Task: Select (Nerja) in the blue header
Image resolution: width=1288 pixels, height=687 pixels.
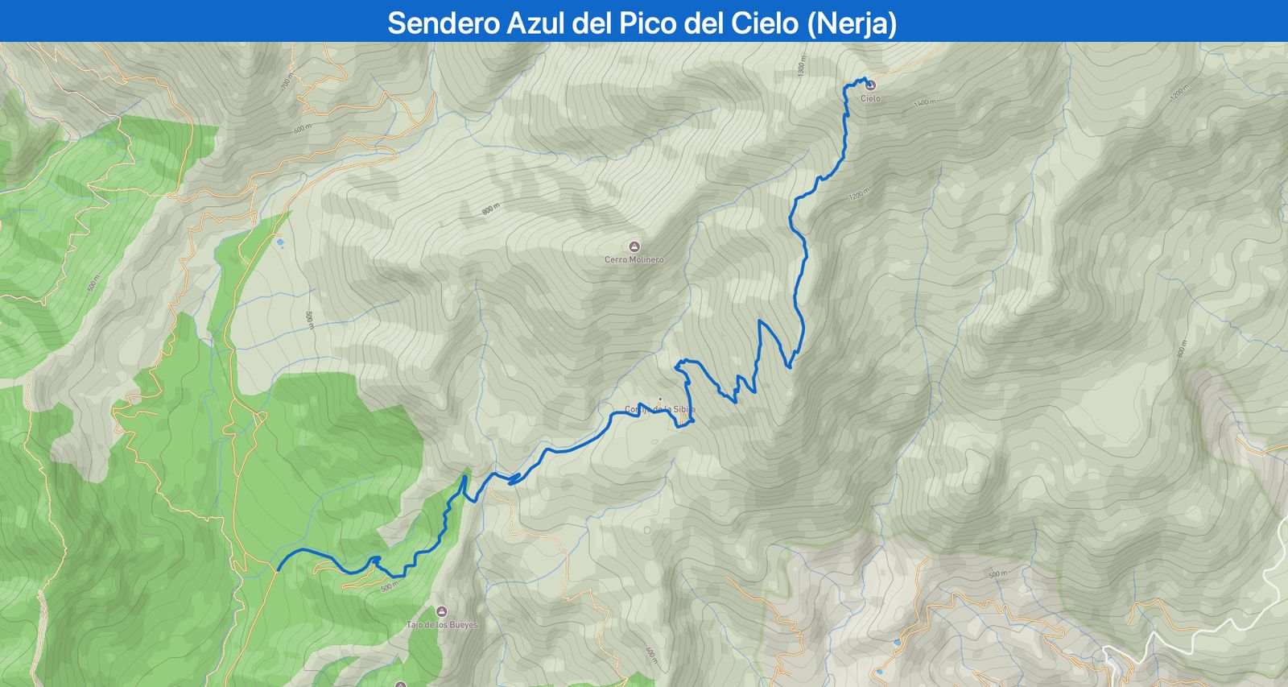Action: click(852, 23)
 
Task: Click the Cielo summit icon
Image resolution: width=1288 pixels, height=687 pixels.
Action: click(870, 85)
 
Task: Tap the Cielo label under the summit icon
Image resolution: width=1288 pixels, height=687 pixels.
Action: click(870, 98)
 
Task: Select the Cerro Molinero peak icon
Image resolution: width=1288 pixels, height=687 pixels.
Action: click(634, 246)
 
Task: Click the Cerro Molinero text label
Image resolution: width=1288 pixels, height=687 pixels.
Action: click(634, 260)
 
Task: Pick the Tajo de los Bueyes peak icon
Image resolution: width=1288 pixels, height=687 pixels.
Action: click(441, 611)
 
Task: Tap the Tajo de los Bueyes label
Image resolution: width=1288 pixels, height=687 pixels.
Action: click(442, 625)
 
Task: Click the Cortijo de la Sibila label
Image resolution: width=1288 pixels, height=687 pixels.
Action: click(660, 410)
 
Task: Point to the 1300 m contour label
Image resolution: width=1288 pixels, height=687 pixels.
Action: click(802, 65)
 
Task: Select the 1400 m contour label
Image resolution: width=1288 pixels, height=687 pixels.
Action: click(925, 102)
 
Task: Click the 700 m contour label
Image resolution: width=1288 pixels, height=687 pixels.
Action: click(286, 81)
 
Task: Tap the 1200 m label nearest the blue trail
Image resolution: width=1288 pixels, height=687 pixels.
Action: click(859, 195)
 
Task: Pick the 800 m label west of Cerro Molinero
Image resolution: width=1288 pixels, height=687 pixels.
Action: click(490, 209)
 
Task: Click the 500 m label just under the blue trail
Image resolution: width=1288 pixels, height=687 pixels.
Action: click(390, 586)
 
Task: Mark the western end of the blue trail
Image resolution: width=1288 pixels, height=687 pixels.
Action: click(279, 570)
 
